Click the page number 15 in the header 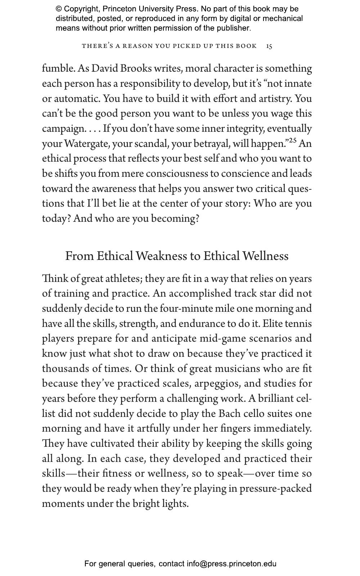click(269, 46)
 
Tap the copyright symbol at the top click(59, 9)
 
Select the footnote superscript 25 click(292, 140)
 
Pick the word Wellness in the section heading click(265, 256)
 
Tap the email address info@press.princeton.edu click(231, 564)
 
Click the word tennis click(298, 324)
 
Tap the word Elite click(272, 324)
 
